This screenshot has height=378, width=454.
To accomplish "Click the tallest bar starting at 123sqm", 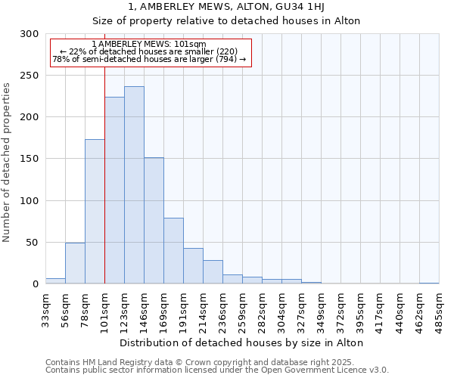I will coord(134,185).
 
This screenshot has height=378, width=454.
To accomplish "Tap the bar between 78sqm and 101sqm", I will coord(95,212).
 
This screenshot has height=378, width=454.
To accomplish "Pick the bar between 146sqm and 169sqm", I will coord(154,221).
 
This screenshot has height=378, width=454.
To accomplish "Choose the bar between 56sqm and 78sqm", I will coord(75,263).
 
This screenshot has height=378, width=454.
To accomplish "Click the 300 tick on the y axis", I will coord(30,34).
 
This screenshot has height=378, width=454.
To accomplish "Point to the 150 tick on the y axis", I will coord(30,160).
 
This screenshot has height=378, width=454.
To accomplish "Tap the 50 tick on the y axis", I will coord(33,243).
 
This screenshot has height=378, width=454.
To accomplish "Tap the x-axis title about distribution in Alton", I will coord(242,342).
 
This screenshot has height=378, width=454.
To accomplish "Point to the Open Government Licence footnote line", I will coord(217,370).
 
